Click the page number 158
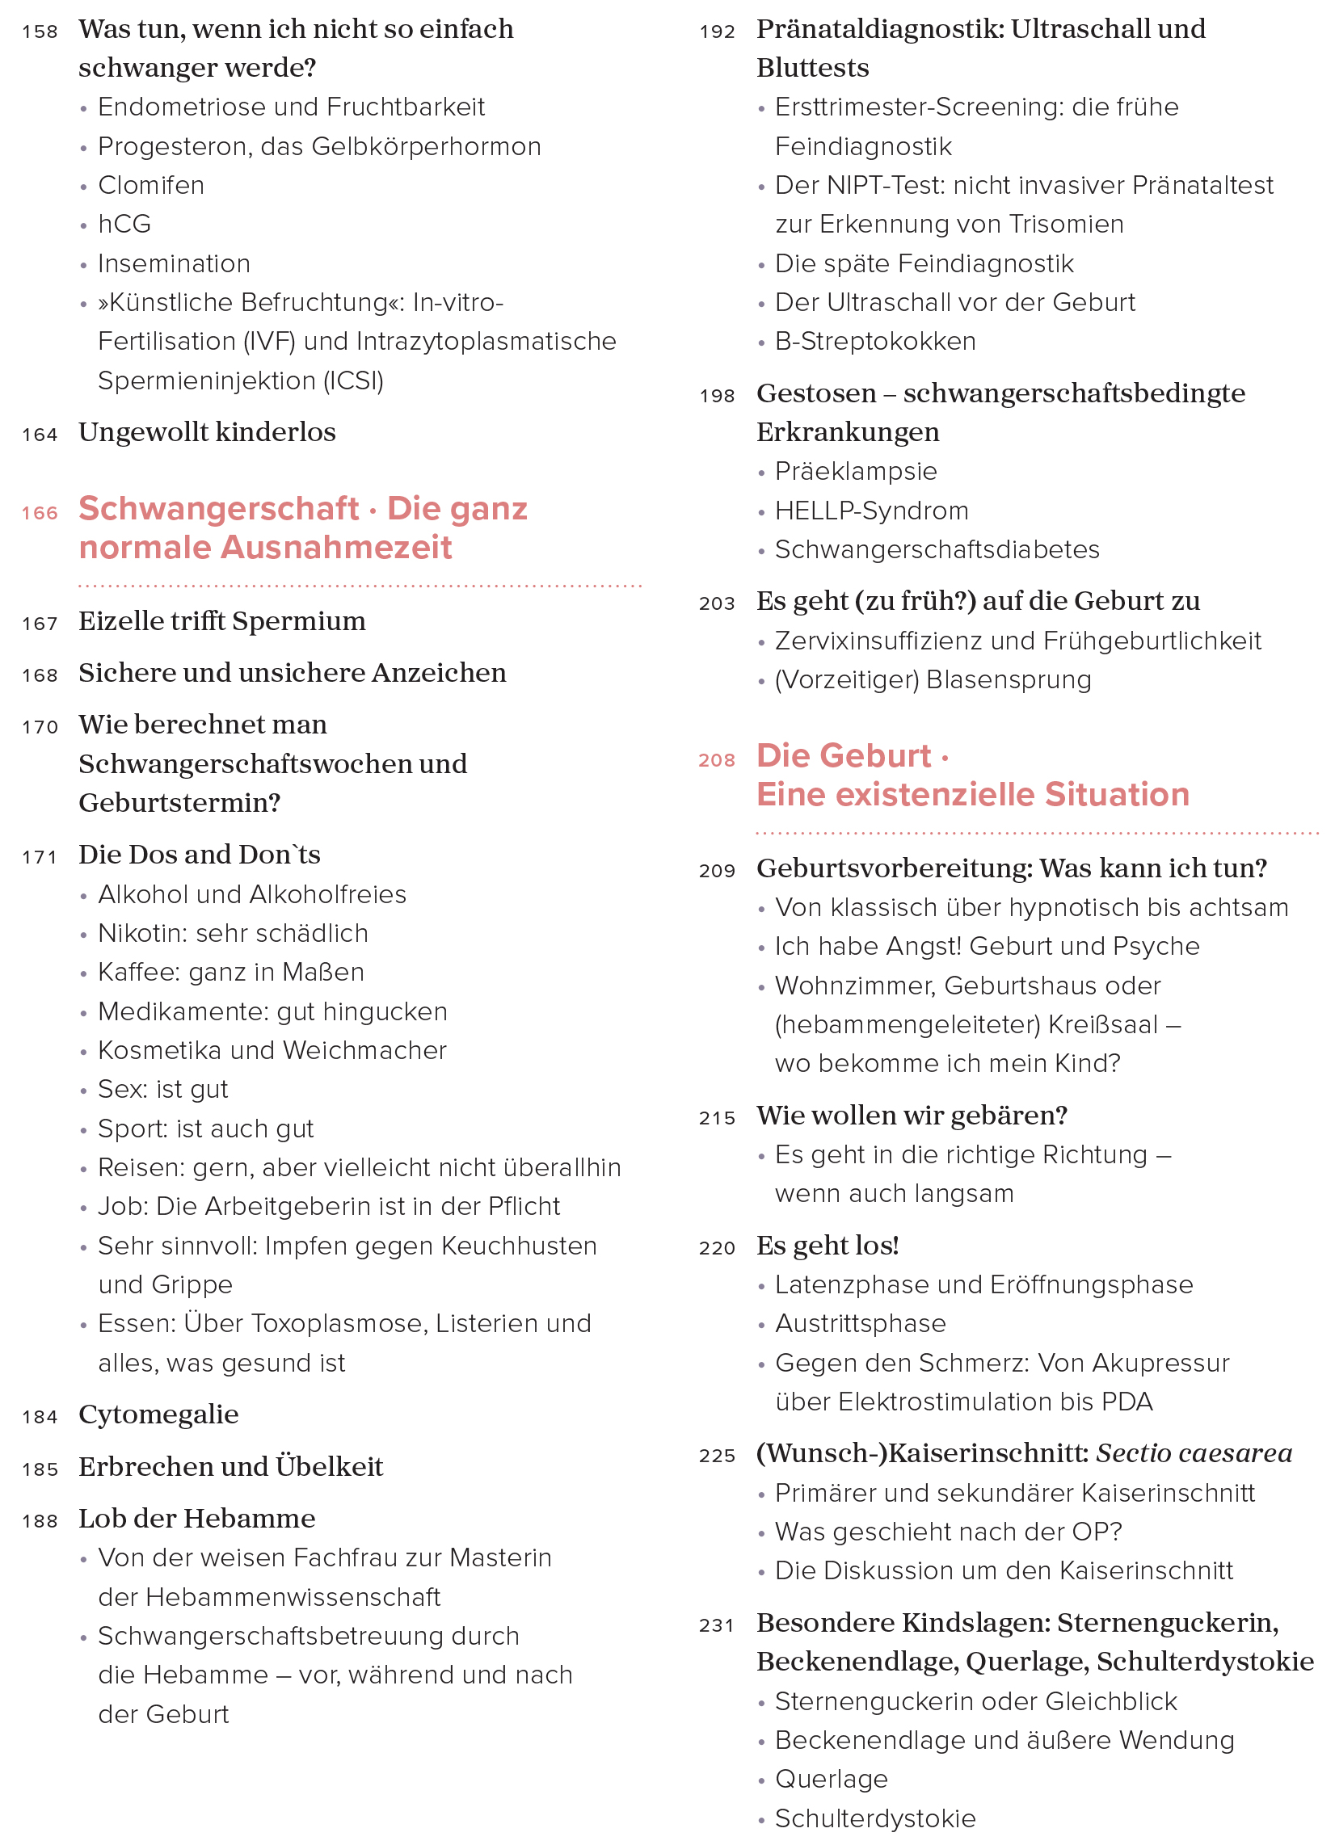coord(40,32)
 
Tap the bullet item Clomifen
coord(151,185)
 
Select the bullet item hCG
coord(124,224)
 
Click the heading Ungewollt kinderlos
coord(207,433)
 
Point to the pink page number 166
coord(40,513)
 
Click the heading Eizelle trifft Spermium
coord(221,622)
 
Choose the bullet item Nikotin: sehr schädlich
coord(233,934)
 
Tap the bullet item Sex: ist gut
coord(163,1090)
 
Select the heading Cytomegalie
coord(158,1414)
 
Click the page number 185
coord(40,1469)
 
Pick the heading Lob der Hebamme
coord(196,1519)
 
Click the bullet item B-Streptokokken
coord(875,342)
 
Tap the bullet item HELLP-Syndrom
coord(871,511)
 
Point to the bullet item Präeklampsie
coord(856,472)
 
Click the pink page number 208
coord(716,761)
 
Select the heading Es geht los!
coord(828,1246)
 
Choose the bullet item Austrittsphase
coord(861,1324)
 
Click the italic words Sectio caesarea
coord(1194,1454)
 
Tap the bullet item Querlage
coord(832,1780)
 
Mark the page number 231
coord(716,1626)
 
